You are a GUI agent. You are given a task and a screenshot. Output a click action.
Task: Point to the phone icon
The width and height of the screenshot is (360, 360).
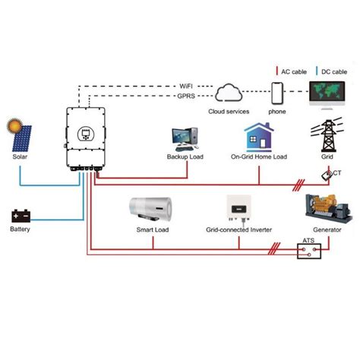pyautogui.click(x=277, y=94)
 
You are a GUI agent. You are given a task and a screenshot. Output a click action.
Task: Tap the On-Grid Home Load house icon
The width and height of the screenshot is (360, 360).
pyautogui.click(x=258, y=137)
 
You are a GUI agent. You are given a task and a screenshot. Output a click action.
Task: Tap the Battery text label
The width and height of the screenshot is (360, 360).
pyautogui.click(x=21, y=229)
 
